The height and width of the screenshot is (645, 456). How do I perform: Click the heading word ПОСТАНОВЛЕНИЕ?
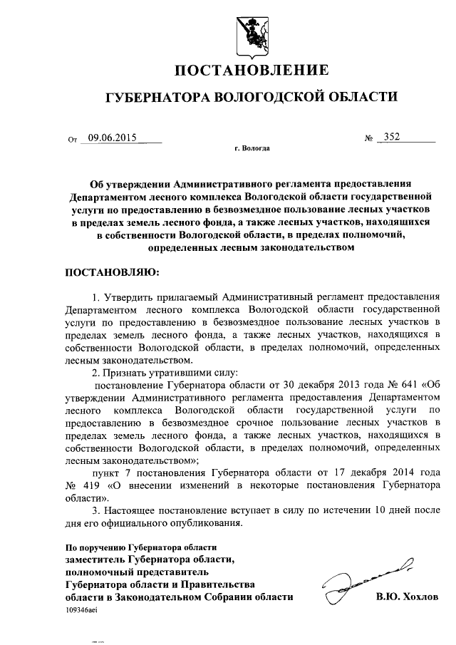(x=252, y=70)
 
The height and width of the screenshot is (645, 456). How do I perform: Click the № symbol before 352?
(x=369, y=139)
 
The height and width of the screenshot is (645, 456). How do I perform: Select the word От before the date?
(x=72, y=140)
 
